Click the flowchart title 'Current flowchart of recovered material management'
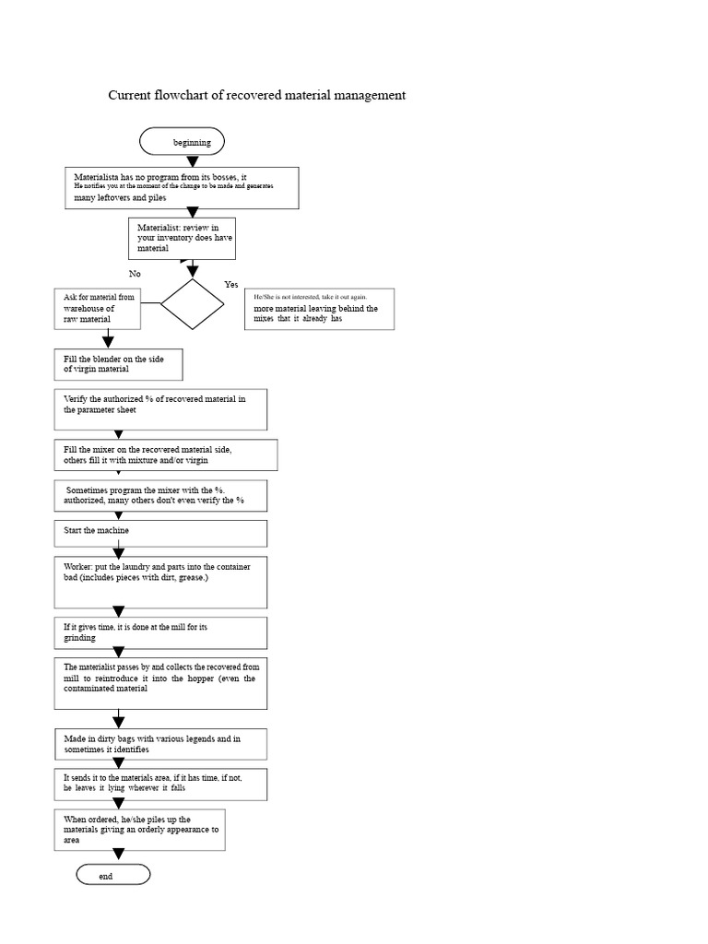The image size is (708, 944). pos(257,95)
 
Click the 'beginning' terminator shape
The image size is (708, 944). pos(182,142)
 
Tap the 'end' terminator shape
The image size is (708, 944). pos(112,875)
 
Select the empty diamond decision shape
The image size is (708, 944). pos(192,303)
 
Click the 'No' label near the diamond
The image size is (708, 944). pos(136,274)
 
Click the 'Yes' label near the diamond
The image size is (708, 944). pos(231,285)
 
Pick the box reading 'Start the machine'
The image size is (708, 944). pos(160,533)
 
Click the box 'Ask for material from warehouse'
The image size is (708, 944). pos(98,309)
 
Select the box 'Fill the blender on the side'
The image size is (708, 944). pos(118,364)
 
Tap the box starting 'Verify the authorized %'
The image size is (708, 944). pos(160,409)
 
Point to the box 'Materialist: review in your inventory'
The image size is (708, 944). pos(185,238)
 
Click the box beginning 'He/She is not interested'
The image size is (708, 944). pos(319,309)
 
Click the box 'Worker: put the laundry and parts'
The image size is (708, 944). pos(160,582)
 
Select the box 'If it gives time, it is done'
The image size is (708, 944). pos(160,632)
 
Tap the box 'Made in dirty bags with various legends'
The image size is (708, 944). pos(160,744)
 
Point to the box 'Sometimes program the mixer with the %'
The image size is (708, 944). pos(160,495)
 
